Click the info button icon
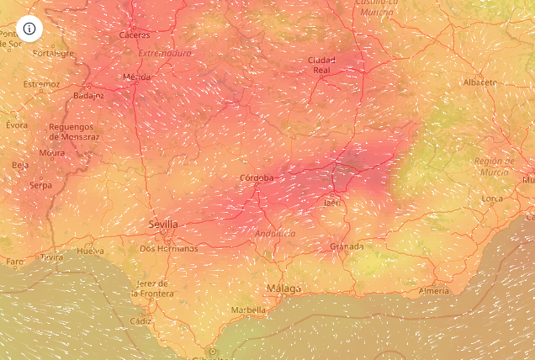29,29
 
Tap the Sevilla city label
162,225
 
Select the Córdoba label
257,177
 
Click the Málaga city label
283,289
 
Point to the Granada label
347,246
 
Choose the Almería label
434,291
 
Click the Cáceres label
135,35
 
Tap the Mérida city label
137,77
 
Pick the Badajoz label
88,96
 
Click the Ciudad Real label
321,65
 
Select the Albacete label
479,82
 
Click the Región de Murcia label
494,166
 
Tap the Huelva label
90,251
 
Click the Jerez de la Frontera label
152,289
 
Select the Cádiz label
140,321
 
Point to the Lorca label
492,199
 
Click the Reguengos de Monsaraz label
74,131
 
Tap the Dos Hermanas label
168,248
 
